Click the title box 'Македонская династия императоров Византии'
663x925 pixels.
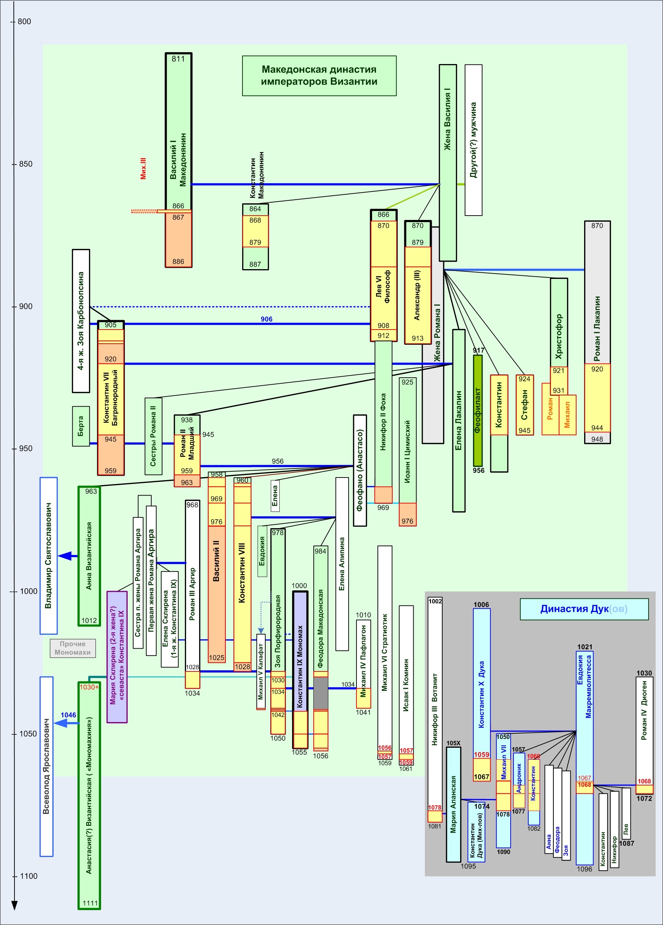(x=319, y=76)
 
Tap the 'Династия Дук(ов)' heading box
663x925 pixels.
(x=584, y=609)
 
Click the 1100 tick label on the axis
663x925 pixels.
(x=28, y=876)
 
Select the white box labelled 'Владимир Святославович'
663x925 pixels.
(x=48, y=556)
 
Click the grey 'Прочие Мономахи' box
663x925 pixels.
(x=73, y=648)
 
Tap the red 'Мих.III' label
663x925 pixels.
(x=143, y=169)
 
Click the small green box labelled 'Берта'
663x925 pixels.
(x=81, y=426)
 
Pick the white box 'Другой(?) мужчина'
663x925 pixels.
(x=473, y=140)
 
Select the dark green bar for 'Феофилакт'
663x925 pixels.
(x=477, y=410)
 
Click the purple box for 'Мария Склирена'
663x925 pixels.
(x=117, y=657)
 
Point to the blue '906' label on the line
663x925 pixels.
(x=266, y=319)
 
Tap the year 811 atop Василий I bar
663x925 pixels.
(x=178, y=59)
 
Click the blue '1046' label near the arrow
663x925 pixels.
(x=68, y=715)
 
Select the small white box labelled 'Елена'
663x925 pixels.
(x=275, y=496)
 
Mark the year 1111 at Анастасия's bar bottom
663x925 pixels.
(x=90, y=903)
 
